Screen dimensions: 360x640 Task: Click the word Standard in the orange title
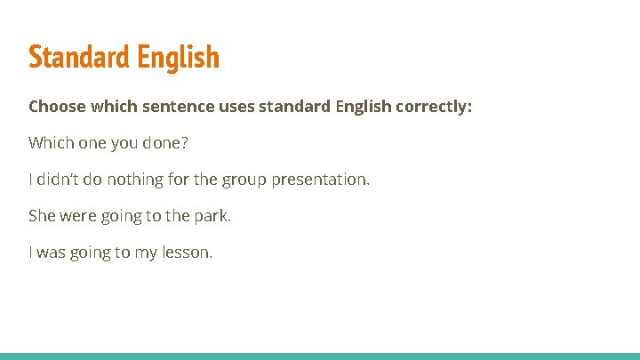[x=79, y=58]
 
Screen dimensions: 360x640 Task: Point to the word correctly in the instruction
[x=438, y=107]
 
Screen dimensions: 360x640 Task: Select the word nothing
[x=133, y=180]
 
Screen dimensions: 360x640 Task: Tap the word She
[x=42, y=216]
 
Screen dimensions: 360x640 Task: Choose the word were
[x=77, y=216]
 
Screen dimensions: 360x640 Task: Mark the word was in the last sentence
[x=52, y=252]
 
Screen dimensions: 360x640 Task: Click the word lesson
[x=187, y=252]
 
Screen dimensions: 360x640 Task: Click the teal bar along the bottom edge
[x=320, y=356]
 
